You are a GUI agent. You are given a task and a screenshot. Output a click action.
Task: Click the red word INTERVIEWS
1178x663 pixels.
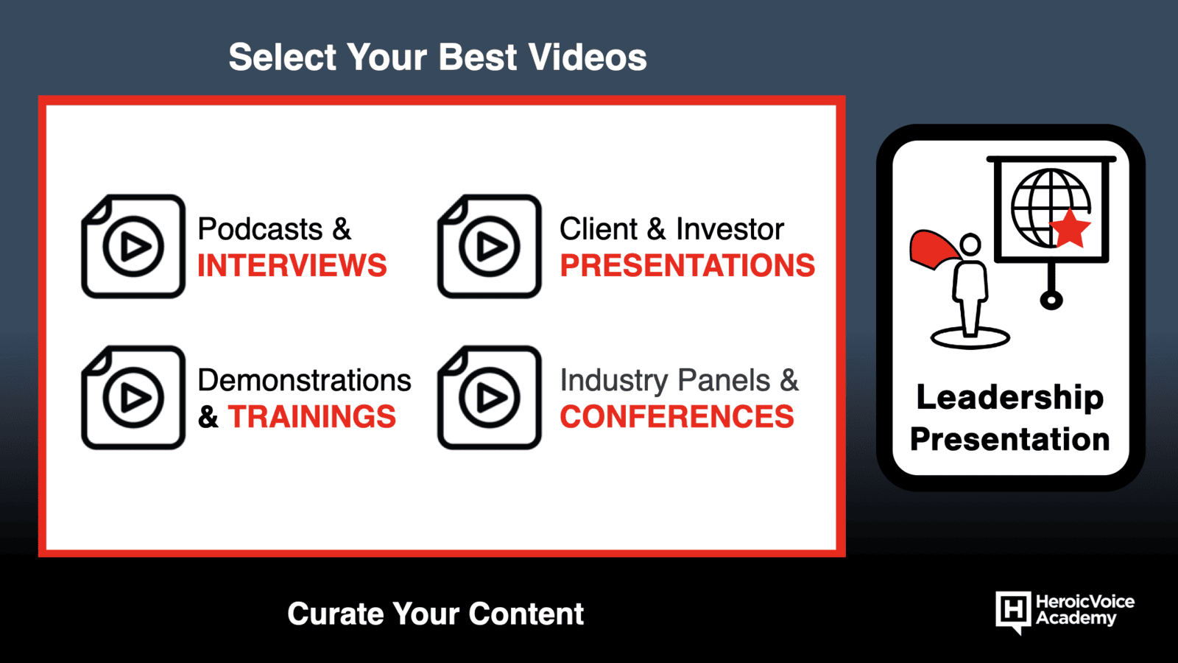pos(292,265)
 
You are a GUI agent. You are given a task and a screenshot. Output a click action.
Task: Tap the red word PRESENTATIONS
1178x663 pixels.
pos(688,265)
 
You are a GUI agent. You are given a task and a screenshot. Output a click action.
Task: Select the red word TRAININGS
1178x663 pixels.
pos(312,417)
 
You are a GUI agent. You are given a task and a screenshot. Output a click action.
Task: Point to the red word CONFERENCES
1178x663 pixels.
pos(677,417)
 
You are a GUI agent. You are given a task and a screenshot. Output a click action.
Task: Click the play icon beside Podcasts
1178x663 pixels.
pos(133,246)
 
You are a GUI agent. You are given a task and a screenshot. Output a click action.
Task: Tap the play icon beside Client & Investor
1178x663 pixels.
pos(489,246)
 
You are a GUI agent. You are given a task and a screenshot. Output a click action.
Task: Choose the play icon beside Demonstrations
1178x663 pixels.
pos(133,397)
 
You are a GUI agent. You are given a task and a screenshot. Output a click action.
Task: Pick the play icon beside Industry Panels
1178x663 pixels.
pos(489,397)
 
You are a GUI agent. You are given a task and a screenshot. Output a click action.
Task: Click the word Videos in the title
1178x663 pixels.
pos(588,57)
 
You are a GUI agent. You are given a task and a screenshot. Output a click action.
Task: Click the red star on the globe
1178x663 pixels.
pos(1070,228)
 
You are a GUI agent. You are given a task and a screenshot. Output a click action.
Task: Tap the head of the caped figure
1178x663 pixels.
pos(970,245)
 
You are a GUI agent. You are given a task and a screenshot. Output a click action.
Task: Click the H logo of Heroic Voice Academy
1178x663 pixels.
pos(1013,611)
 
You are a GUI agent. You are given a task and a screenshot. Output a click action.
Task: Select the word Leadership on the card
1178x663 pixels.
pos(1009,397)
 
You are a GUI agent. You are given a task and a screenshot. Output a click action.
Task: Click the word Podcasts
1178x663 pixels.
pos(261,229)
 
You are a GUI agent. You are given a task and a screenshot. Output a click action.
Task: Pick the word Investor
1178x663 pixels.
pos(730,229)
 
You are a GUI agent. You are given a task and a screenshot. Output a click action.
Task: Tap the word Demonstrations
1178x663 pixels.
pos(305,380)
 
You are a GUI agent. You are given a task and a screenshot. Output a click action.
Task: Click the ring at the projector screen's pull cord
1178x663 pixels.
pos(1051,301)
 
